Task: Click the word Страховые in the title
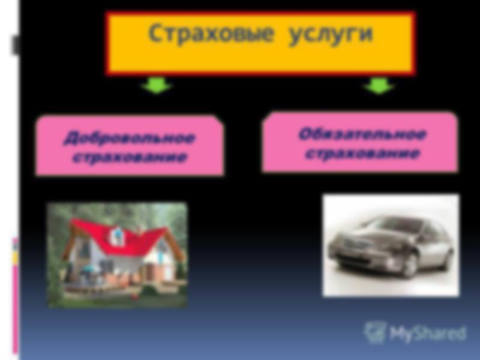211,33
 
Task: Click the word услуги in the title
331,34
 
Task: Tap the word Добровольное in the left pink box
130,137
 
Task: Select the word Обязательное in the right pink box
362,134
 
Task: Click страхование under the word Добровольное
130,157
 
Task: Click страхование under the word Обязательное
362,153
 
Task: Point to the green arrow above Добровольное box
157,85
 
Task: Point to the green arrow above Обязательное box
379,85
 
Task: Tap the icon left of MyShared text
374,332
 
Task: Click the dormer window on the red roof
116,236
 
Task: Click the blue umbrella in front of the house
91,269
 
